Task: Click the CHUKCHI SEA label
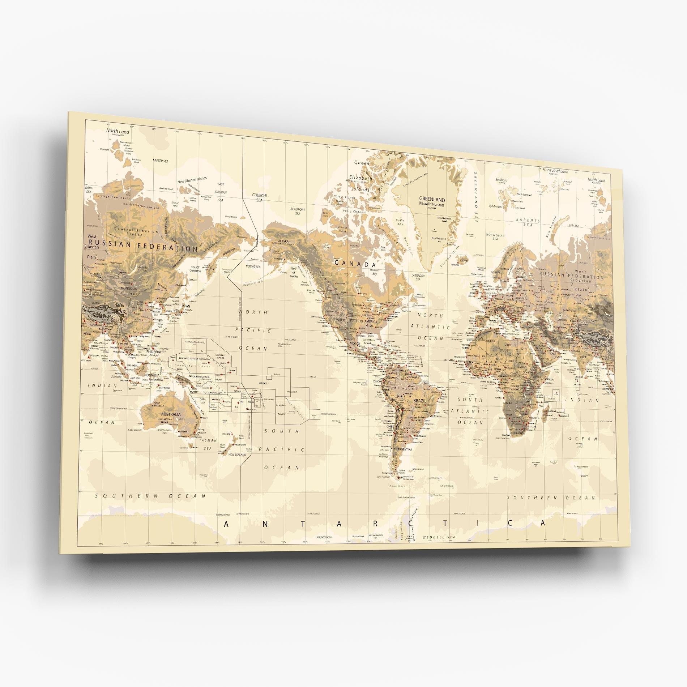(x=259, y=198)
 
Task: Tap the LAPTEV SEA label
(x=161, y=160)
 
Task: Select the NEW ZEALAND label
(x=236, y=455)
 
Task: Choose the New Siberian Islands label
(x=192, y=179)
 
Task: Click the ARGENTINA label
(x=405, y=449)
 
